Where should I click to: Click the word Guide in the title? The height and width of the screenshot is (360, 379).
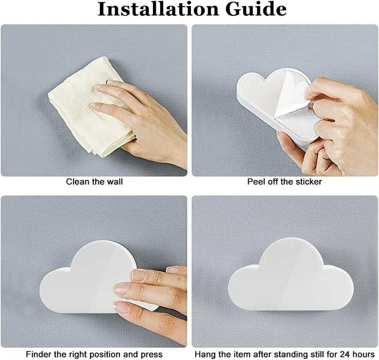pos(256,9)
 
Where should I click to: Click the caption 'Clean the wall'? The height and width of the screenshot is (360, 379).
pos(95,182)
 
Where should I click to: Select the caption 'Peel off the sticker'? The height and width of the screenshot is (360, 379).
pos(284,182)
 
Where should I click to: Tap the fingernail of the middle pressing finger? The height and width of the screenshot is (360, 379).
pos(121,289)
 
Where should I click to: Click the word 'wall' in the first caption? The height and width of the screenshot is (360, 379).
pos(115,182)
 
